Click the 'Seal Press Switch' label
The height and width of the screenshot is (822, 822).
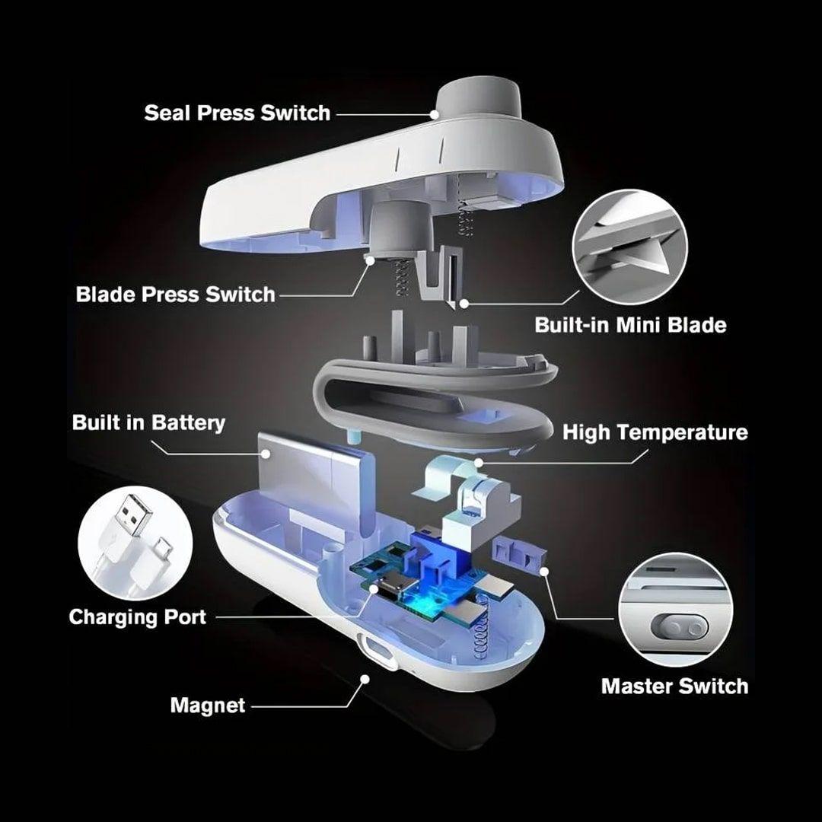pos(237,113)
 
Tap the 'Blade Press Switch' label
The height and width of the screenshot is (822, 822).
pos(175,295)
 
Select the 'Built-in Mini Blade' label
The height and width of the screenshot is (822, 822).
pos(630,326)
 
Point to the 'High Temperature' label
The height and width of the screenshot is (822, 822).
pos(655,433)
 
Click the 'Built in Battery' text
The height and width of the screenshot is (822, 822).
pos(148,423)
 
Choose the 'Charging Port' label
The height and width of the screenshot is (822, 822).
pos(137,616)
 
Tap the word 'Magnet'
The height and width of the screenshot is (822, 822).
pos(208,706)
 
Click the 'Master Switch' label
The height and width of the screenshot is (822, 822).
pos(674,686)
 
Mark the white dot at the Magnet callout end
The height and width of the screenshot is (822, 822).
pos(365,677)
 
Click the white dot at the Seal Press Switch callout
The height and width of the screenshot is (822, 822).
pos(435,114)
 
